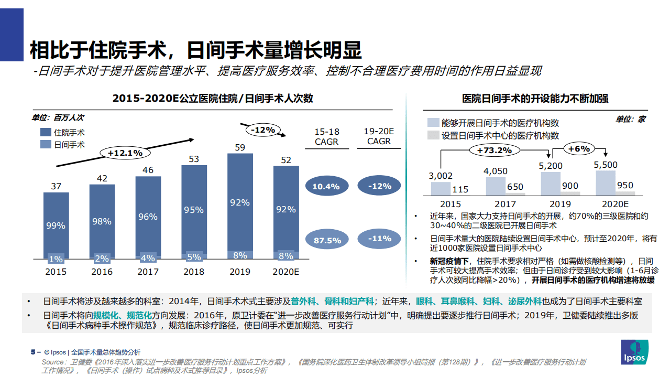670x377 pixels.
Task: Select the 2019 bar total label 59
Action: pyautogui.click(x=240, y=147)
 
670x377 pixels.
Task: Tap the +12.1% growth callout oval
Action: pyautogui.click(x=125, y=153)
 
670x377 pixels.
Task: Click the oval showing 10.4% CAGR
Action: pyautogui.click(x=326, y=186)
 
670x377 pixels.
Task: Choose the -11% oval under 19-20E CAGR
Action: pyautogui.click(x=379, y=239)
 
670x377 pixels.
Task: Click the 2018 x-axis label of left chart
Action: pyautogui.click(x=194, y=272)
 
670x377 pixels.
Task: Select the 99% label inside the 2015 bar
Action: pyautogui.click(x=56, y=225)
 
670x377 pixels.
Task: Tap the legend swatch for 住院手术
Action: pyautogui.click(x=45, y=133)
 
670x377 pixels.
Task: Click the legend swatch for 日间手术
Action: pyautogui.click(x=45, y=144)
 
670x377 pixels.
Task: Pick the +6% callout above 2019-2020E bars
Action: pyautogui.click(x=579, y=148)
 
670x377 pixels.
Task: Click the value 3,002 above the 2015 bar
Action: pyautogui.click(x=440, y=176)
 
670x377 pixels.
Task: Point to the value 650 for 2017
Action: pyautogui.click(x=515, y=187)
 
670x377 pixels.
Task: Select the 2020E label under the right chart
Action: pyautogui.click(x=616, y=204)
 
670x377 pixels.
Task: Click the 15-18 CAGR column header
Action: pyautogui.click(x=326, y=136)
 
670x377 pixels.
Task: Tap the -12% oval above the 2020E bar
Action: pyautogui.click(x=263, y=130)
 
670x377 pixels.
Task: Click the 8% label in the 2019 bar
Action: pyautogui.click(x=240, y=255)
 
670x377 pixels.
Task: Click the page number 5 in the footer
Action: pyautogui.click(x=32, y=352)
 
